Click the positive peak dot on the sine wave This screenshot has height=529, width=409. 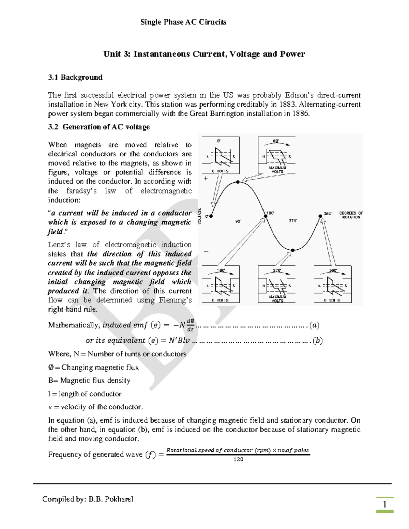[238, 182]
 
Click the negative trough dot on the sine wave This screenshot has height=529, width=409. [292, 250]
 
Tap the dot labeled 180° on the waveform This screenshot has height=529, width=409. [266, 216]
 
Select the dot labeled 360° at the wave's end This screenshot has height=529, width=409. [320, 216]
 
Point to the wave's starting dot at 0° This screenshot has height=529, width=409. [211, 216]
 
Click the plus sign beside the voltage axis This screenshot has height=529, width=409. [206, 178]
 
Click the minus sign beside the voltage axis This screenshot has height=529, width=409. [206, 251]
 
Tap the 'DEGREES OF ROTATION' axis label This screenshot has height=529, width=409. [351, 215]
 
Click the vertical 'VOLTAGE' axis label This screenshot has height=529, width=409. [200, 216]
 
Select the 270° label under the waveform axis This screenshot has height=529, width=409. [293, 221]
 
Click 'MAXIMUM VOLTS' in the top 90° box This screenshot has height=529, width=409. [277, 170]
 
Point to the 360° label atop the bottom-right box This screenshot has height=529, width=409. [333, 270]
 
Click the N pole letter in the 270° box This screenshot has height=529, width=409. [263, 286]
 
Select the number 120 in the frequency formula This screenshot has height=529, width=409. [238, 460]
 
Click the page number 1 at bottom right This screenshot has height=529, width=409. [385, 504]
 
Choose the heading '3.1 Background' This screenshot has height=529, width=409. [75, 77]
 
